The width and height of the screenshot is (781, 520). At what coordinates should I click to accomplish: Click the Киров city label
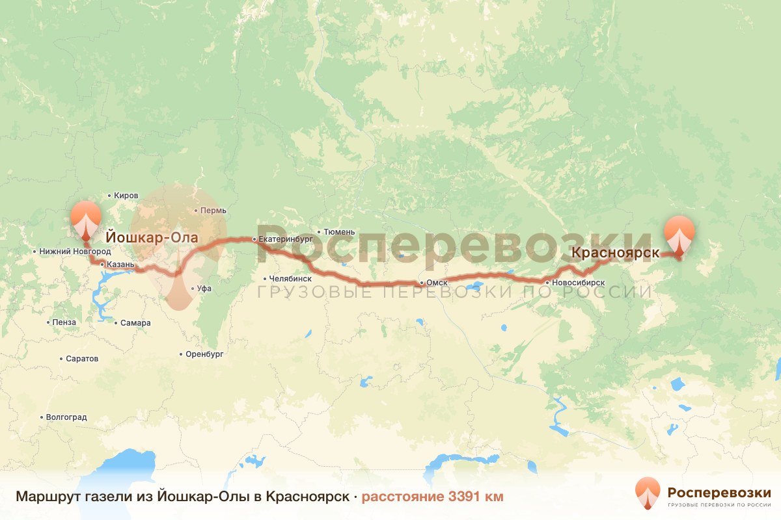click(x=126, y=195)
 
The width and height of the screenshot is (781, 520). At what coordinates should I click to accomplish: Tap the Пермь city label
click(x=213, y=211)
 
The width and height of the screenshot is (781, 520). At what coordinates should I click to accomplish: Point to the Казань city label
click(x=120, y=265)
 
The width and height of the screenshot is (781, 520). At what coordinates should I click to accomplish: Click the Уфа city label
click(x=204, y=289)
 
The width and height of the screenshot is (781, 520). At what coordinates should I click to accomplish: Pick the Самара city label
click(x=135, y=323)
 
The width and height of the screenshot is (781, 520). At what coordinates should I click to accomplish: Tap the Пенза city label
click(x=66, y=322)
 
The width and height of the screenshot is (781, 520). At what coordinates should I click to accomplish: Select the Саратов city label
click(x=82, y=358)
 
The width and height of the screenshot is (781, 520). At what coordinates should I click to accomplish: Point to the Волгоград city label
click(x=66, y=417)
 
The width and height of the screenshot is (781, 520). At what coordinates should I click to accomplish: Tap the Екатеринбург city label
click(x=286, y=239)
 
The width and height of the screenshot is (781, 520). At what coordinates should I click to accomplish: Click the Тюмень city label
click(x=339, y=231)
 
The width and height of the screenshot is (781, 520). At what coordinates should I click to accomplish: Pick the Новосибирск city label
click(x=578, y=283)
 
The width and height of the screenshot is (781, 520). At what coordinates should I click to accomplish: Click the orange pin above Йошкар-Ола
click(x=86, y=219)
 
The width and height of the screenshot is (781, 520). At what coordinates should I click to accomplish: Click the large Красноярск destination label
click(x=616, y=253)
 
